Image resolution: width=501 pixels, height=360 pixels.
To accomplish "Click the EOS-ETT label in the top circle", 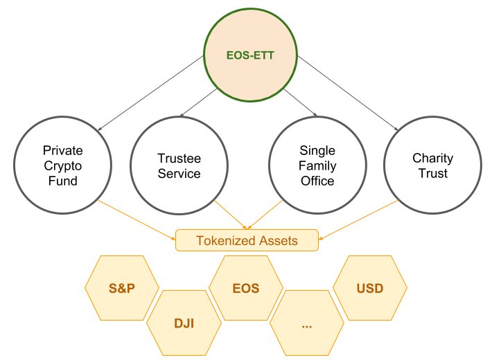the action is tap(250, 55).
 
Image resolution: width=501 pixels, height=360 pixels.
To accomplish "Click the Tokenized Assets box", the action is tap(247, 240).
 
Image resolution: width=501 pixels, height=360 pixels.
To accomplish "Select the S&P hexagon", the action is tap(122, 288).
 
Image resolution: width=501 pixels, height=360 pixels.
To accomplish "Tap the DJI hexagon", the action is tap(184, 323).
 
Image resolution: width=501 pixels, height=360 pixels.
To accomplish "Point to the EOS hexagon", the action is tap(246, 288).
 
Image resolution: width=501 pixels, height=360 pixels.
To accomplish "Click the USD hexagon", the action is tap(370, 288).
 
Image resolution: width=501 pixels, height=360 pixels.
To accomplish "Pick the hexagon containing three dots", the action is tap(307, 323).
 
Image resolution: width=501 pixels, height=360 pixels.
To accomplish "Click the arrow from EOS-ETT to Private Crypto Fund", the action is tap(151, 93).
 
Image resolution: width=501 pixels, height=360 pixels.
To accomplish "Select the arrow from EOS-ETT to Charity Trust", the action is tap(348, 93).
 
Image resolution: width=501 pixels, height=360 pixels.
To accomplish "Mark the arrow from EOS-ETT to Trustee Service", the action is tap(199, 102).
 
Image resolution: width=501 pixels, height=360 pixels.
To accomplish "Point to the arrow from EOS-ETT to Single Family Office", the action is tap(300, 102).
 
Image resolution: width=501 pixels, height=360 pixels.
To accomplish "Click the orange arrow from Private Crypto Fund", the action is tap(137, 220).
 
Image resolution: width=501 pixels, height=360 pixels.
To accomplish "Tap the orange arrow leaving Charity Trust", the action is tap(358, 220).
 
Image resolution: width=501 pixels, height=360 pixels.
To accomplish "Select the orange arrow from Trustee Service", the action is tap(231, 215).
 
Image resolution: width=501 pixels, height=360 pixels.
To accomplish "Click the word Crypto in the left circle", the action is tap(62, 166).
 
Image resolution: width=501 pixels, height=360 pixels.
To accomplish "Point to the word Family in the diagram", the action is tap(317, 166).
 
